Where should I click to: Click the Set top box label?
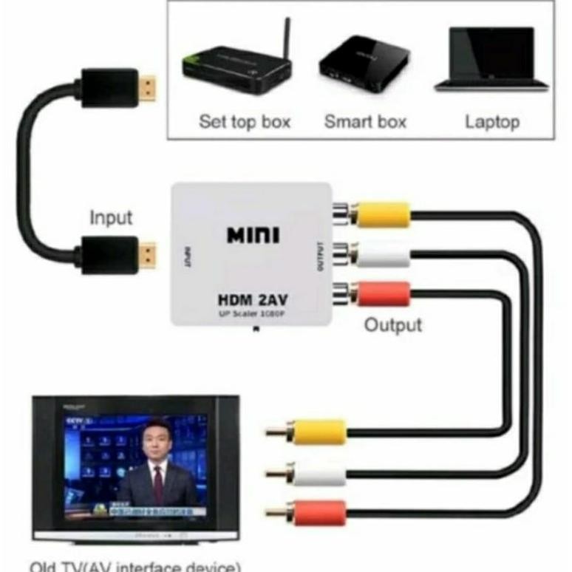(x=245, y=122)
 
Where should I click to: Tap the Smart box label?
(x=365, y=122)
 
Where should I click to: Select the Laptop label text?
(x=492, y=122)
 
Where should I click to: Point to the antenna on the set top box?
(x=285, y=37)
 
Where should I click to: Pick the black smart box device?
(x=364, y=64)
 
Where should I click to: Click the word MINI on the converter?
(x=253, y=236)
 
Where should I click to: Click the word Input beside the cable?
(x=111, y=218)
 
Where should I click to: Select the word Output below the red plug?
(x=393, y=324)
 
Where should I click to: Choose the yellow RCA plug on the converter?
(x=380, y=215)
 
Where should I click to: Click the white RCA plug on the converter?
(x=380, y=256)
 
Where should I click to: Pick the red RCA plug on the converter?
(x=380, y=293)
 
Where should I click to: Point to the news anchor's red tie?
(x=157, y=480)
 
